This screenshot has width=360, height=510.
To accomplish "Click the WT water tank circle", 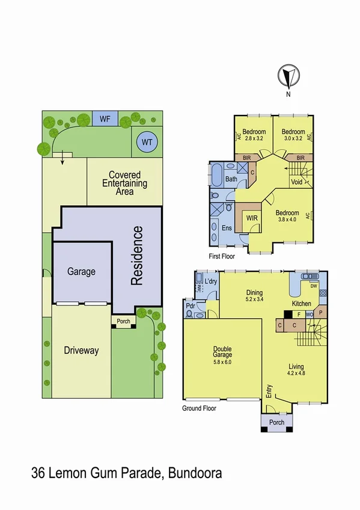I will click(x=145, y=143).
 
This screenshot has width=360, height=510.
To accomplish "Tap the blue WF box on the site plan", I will click(x=105, y=118).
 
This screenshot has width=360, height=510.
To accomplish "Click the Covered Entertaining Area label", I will click(x=124, y=179).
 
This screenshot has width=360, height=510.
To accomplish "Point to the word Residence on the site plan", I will click(x=138, y=255).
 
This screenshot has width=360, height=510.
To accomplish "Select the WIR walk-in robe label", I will click(x=251, y=219).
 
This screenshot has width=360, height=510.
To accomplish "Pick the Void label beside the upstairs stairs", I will click(x=296, y=182).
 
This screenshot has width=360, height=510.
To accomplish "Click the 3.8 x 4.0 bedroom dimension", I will click(x=287, y=220).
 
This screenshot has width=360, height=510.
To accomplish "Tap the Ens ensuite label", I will click(x=227, y=228).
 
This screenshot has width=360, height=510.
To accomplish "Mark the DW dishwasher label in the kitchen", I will click(x=322, y=286).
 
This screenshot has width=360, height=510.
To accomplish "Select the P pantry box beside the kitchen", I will click(x=320, y=313).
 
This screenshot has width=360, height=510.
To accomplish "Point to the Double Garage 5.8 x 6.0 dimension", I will click(x=223, y=362).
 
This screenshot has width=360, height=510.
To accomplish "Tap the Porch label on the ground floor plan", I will click(x=276, y=422).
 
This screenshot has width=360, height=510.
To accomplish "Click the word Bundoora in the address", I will click(x=195, y=474).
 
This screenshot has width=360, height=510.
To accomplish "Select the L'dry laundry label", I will click(x=210, y=282).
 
